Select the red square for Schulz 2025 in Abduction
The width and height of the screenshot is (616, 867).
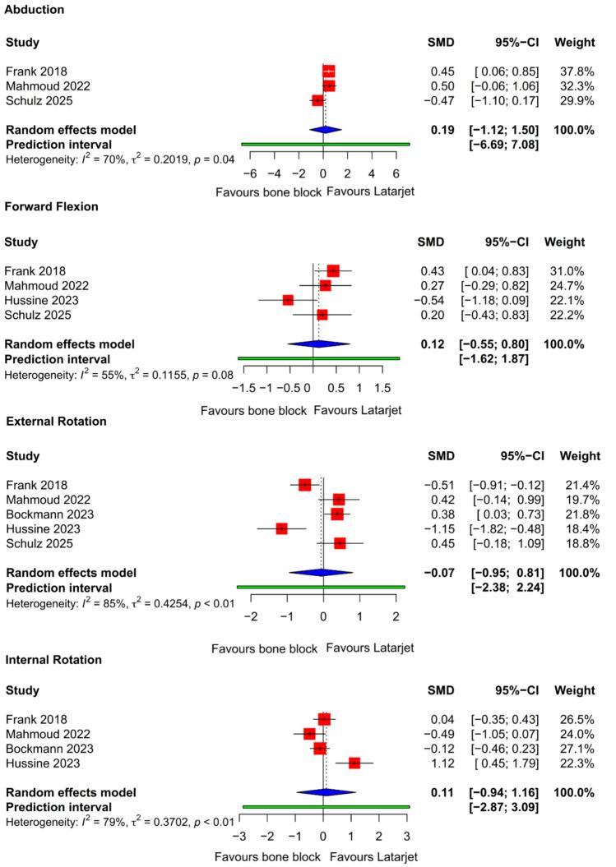[317, 100]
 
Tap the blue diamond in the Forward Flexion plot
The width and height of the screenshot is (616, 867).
[318, 344]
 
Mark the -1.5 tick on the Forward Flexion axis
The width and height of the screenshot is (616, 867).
[243, 385]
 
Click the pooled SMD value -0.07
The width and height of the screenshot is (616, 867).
[433, 573]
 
